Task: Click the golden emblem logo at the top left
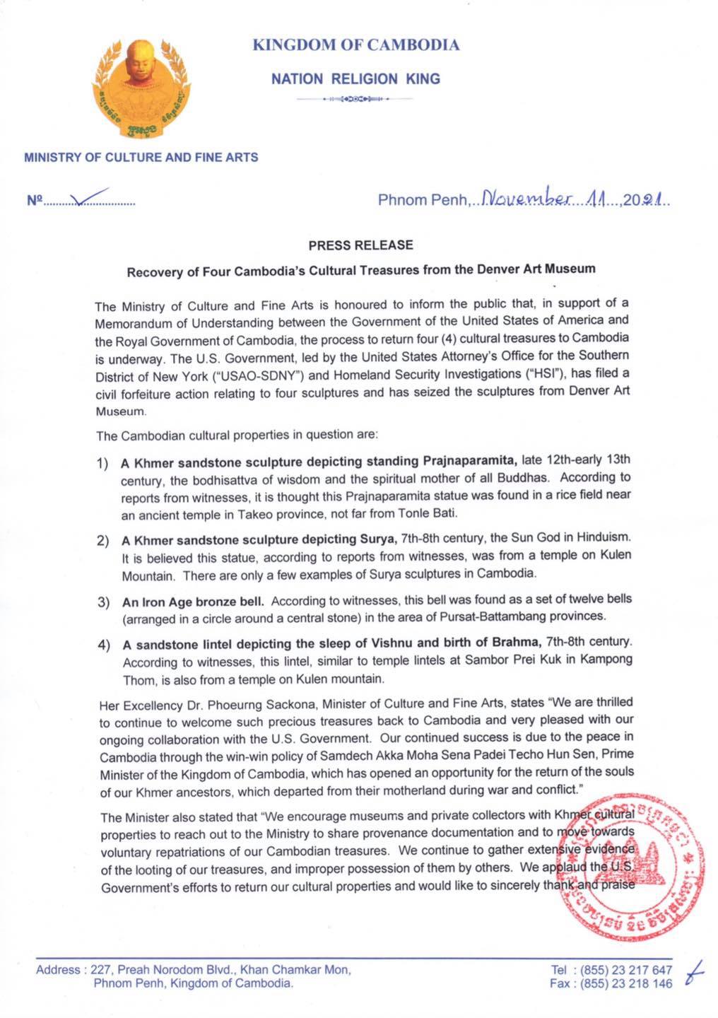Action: [x=141, y=86]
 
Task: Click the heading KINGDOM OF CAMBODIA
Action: [x=356, y=45]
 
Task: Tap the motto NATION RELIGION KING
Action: [x=355, y=79]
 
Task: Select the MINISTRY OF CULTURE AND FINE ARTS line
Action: [x=141, y=157]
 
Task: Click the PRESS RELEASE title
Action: [x=360, y=245]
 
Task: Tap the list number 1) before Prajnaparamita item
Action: [x=102, y=464]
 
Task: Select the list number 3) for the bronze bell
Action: [x=102, y=602]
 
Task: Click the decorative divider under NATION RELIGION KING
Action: [x=355, y=100]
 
